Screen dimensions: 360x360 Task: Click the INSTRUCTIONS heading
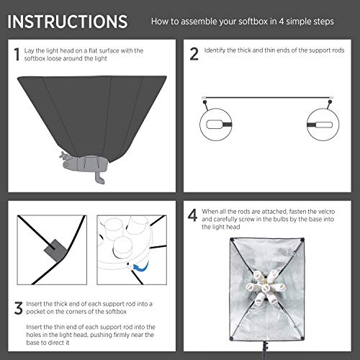(68, 19)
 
